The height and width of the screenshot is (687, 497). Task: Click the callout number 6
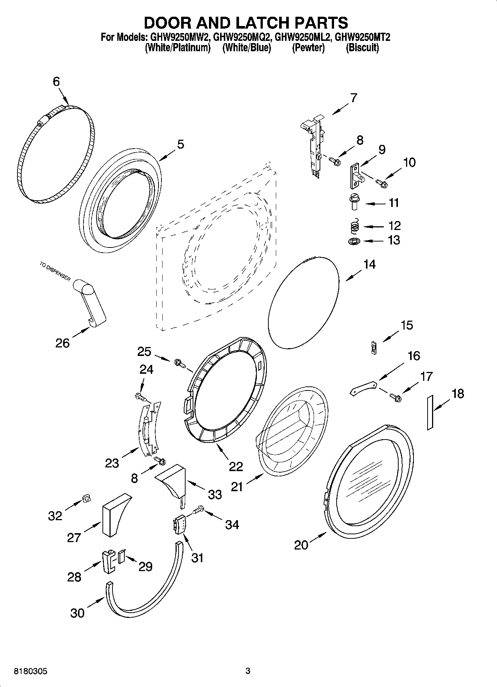pyautogui.click(x=56, y=81)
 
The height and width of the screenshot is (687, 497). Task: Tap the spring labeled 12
pyautogui.click(x=355, y=226)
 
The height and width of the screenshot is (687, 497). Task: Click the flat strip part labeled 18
pyautogui.click(x=430, y=413)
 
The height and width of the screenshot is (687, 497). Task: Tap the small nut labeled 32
pyautogui.click(x=86, y=499)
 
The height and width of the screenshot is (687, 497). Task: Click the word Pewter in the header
pyautogui.click(x=308, y=48)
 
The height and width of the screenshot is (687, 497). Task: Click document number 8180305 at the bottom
pyautogui.click(x=31, y=671)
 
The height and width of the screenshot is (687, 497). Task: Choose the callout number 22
pyautogui.click(x=236, y=467)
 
